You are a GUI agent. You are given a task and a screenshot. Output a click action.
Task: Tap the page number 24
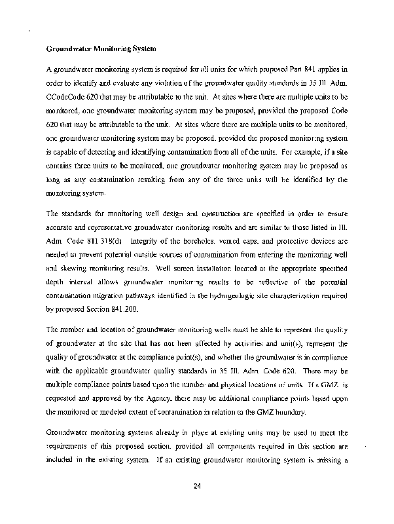tap(196, 485)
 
